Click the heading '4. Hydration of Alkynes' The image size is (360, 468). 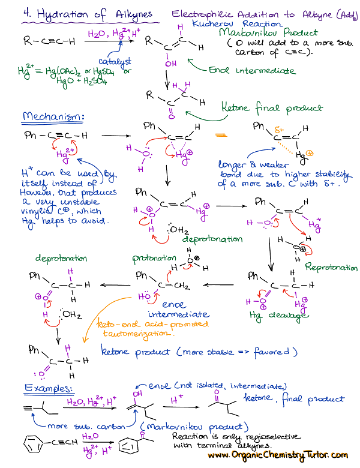tap(88, 14)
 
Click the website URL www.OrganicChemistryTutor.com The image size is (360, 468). tap(278, 456)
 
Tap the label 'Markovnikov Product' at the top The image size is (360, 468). tap(268, 33)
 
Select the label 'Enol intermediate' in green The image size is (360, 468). tap(253, 71)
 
